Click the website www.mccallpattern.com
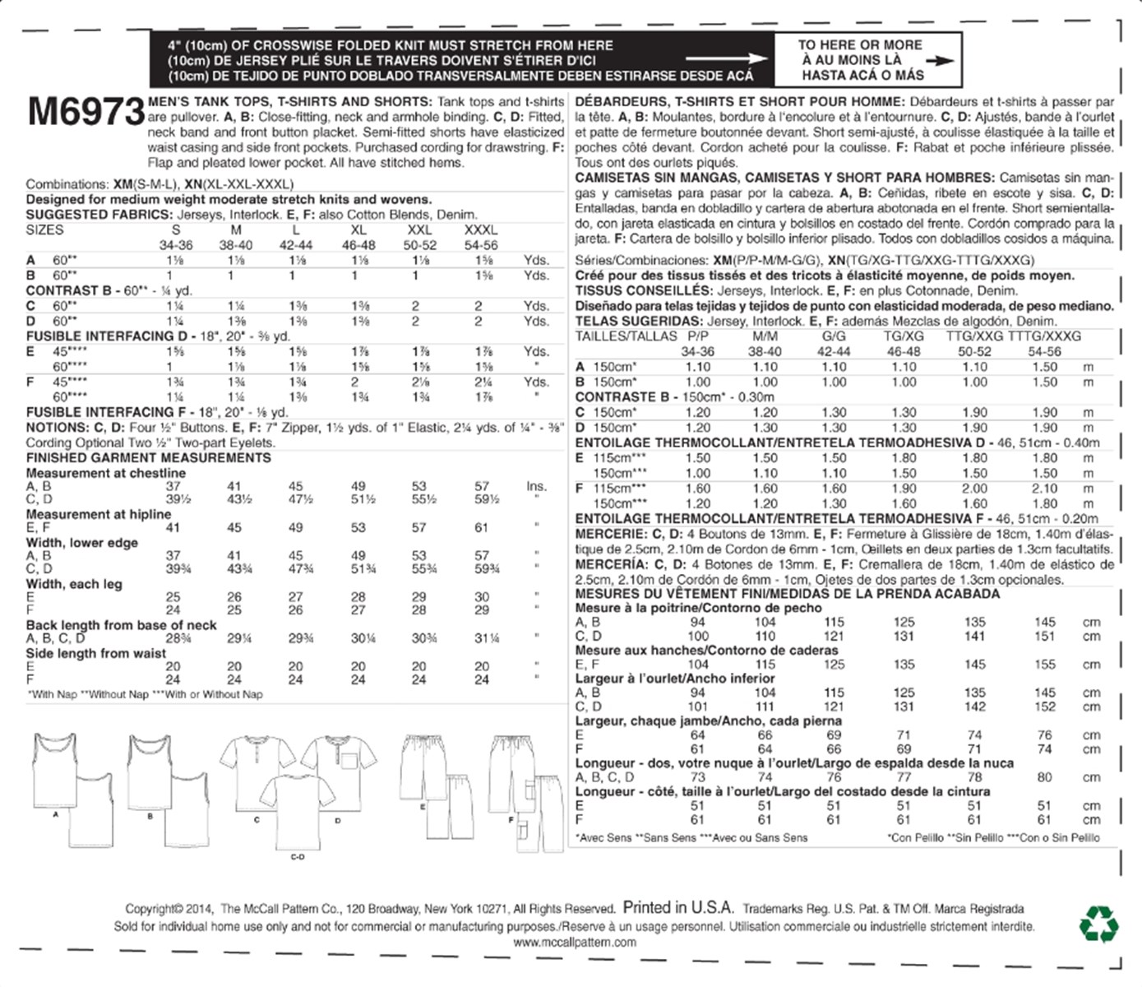pyautogui.click(x=575, y=943)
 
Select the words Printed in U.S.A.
pyautogui.click(x=677, y=908)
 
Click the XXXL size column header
pyautogui.click(x=480, y=230)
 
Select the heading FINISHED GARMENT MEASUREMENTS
pyautogui.click(x=148, y=458)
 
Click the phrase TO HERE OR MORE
pyautogui.click(x=860, y=45)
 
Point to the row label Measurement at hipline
pyautogui.click(x=98, y=515)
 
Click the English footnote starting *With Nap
pyautogui.click(x=145, y=695)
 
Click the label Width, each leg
pyautogui.click(x=74, y=584)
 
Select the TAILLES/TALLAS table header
pyautogui.click(x=626, y=336)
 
